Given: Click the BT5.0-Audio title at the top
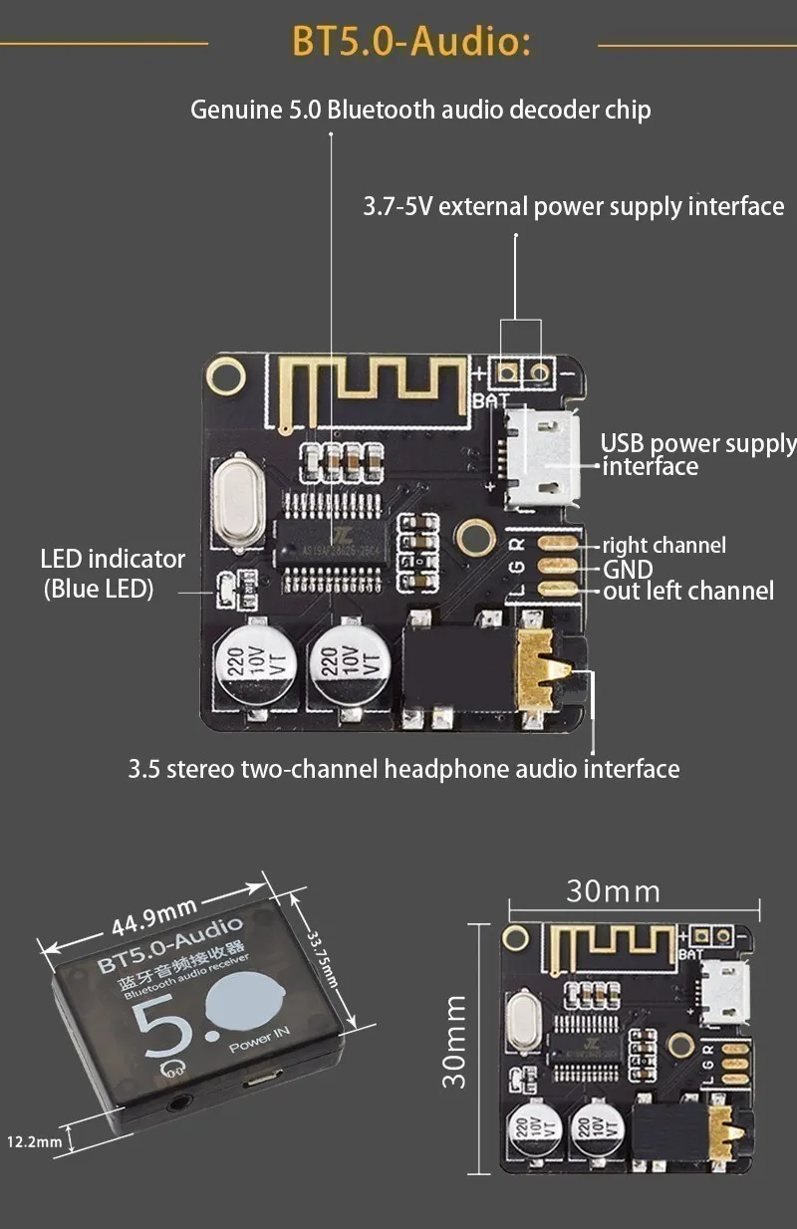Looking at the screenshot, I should click(410, 42).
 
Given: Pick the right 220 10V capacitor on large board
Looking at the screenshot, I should click(350, 663).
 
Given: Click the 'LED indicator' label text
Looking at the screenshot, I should click(112, 560).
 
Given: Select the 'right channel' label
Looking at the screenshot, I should click(664, 545).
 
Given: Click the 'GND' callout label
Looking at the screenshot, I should click(628, 569).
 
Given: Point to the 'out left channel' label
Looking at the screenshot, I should click(688, 592).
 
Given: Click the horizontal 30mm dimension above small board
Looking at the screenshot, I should click(613, 889).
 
